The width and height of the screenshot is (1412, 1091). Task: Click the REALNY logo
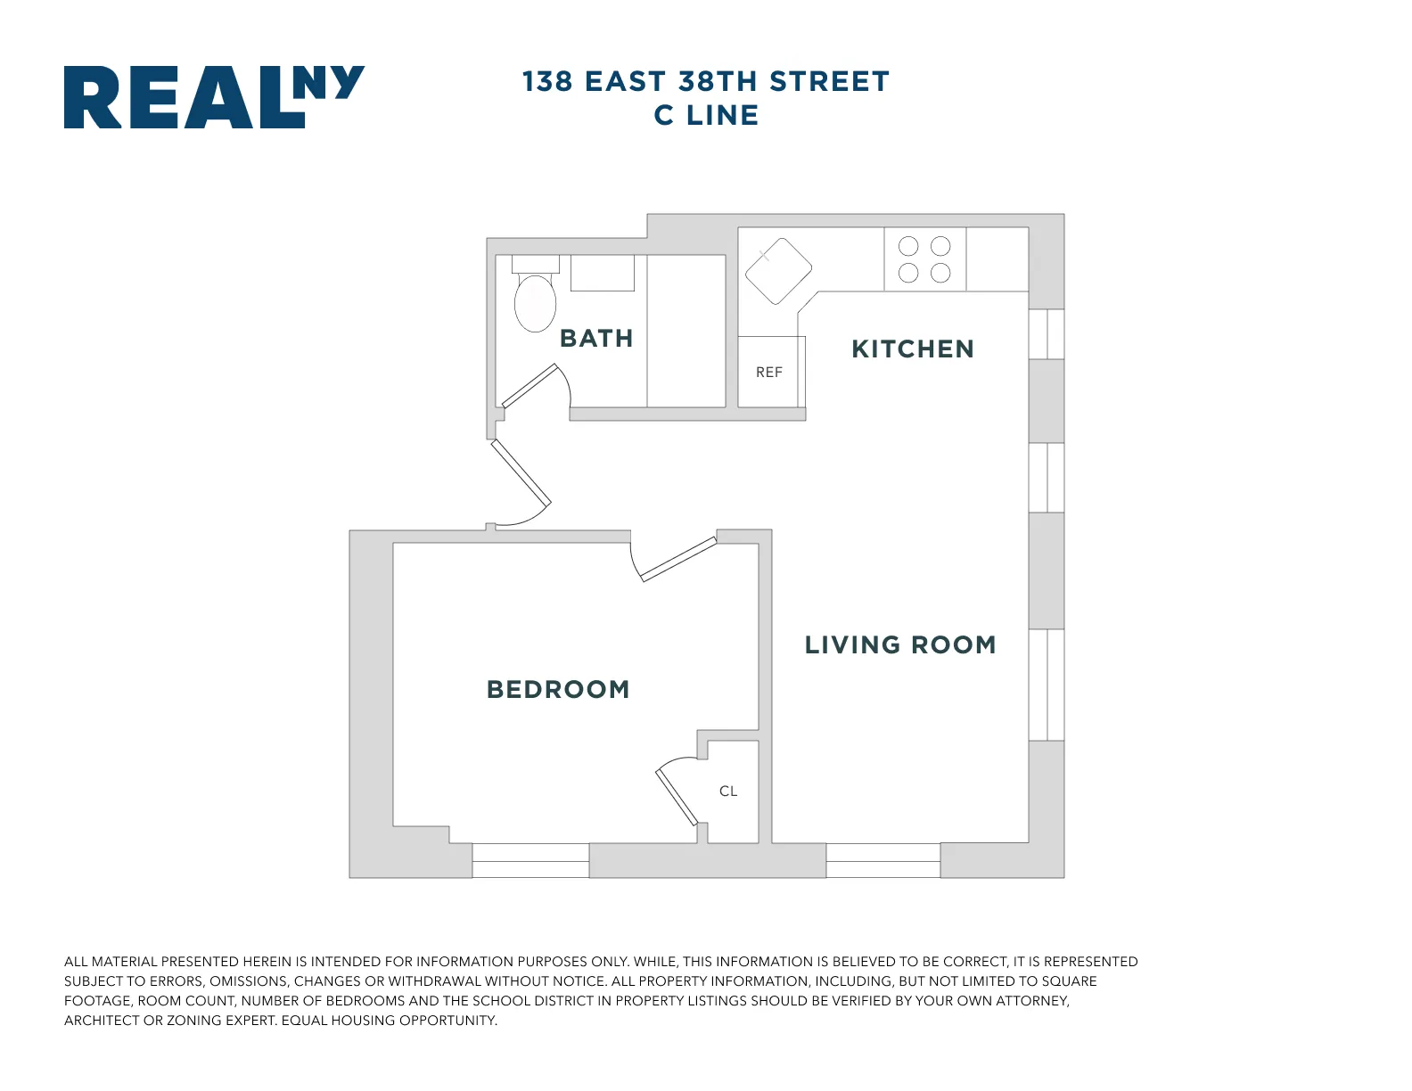(x=214, y=97)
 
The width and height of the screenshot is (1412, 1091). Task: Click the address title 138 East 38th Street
(x=706, y=81)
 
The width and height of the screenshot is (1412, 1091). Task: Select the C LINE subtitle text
(x=706, y=116)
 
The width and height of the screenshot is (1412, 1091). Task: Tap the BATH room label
(x=596, y=339)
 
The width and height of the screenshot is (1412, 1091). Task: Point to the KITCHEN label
(x=913, y=349)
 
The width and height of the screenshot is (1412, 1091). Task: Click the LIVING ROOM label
(x=900, y=645)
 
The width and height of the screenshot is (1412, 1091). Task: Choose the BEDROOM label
(x=558, y=690)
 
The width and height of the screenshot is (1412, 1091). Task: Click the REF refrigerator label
(x=769, y=373)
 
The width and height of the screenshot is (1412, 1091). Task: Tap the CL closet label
(x=728, y=792)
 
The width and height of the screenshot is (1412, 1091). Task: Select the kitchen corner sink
(x=778, y=271)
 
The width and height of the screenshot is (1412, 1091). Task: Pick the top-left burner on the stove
(x=908, y=247)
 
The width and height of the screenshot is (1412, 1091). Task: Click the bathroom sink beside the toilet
(x=603, y=273)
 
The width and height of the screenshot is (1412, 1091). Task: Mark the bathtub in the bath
(x=686, y=331)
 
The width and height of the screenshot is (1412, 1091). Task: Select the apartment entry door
(x=521, y=473)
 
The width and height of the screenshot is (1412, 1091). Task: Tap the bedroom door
(x=678, y=560)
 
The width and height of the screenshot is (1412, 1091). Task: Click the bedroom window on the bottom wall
(x=530, y=861)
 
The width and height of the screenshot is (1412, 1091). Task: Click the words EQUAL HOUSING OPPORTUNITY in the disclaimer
(x=390, y=1021)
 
